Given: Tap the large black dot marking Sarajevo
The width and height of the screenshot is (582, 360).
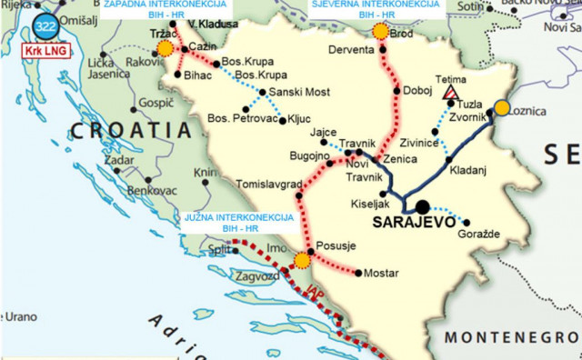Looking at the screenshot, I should pyautogui.click(x=424, y=206).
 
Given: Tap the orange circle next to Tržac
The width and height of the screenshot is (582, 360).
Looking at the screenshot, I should pyautogui.click(x=165, y=50).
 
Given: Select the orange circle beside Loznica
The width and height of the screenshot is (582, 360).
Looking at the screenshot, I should pyautogui.click(x=502, y=107).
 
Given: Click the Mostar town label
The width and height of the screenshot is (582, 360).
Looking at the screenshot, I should pyautogui.click(x=380, y=273).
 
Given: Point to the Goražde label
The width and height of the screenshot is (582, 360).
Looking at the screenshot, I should pyautogui.click(x=491, y=235).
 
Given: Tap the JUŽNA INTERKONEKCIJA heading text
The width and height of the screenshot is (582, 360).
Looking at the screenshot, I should pyautogui.click(x=237, y=218).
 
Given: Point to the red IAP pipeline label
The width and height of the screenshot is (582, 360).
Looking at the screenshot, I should pyautogui.click(x=315, y=294).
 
